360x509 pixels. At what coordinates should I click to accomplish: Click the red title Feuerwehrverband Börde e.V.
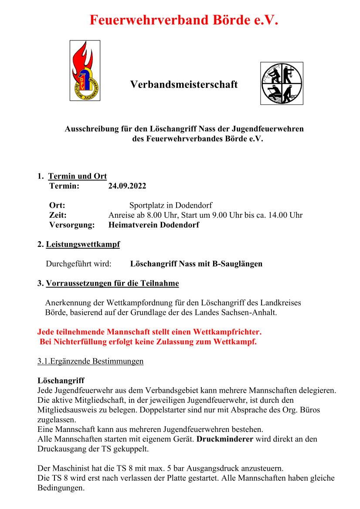tap(183, 20)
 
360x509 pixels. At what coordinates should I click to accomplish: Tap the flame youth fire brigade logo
tap(85, 71)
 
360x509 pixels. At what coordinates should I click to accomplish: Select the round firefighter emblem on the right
tap(282, 83)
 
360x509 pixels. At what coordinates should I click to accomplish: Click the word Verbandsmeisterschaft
tap(184, 84)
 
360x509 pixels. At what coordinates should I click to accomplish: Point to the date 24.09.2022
tap(127, 186)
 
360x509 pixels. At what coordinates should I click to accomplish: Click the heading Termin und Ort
tap(77, 176)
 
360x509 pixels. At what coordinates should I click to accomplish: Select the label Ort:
tap(57, 205)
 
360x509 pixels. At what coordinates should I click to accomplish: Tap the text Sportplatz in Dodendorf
tap(171, 205)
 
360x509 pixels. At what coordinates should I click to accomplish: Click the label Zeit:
tap(58, 215)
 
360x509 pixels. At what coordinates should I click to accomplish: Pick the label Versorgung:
tap(72, 225)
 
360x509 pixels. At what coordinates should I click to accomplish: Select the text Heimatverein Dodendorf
tap(153, 225)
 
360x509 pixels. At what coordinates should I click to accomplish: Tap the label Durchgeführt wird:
tap(78, 264)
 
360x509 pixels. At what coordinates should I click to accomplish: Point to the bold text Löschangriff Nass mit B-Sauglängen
tap(196, 264)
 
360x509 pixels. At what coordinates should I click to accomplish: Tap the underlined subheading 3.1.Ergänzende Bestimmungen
tap(90, 361)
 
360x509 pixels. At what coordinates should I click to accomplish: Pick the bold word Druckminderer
tap(225, 439)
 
